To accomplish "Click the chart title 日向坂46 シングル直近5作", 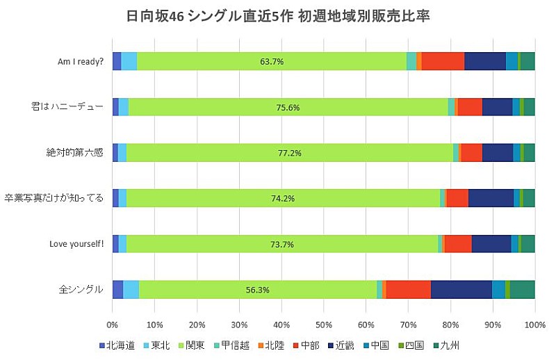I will (x=278, y=16).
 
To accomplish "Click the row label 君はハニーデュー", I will (x=78, y=107).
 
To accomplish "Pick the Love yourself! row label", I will (x=76, y=244).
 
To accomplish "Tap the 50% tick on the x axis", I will (x=323, y=325).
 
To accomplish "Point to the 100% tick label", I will (x=534, y=325).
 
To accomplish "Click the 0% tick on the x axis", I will (x=112, y=325).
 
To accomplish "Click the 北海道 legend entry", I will (x=119, y=345).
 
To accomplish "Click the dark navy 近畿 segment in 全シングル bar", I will (x=461, y=290).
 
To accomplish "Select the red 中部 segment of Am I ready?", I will (x=443, y=61).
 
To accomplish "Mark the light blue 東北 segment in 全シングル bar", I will (x=131, y=290).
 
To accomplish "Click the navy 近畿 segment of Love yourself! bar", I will (x=491, y=244).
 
